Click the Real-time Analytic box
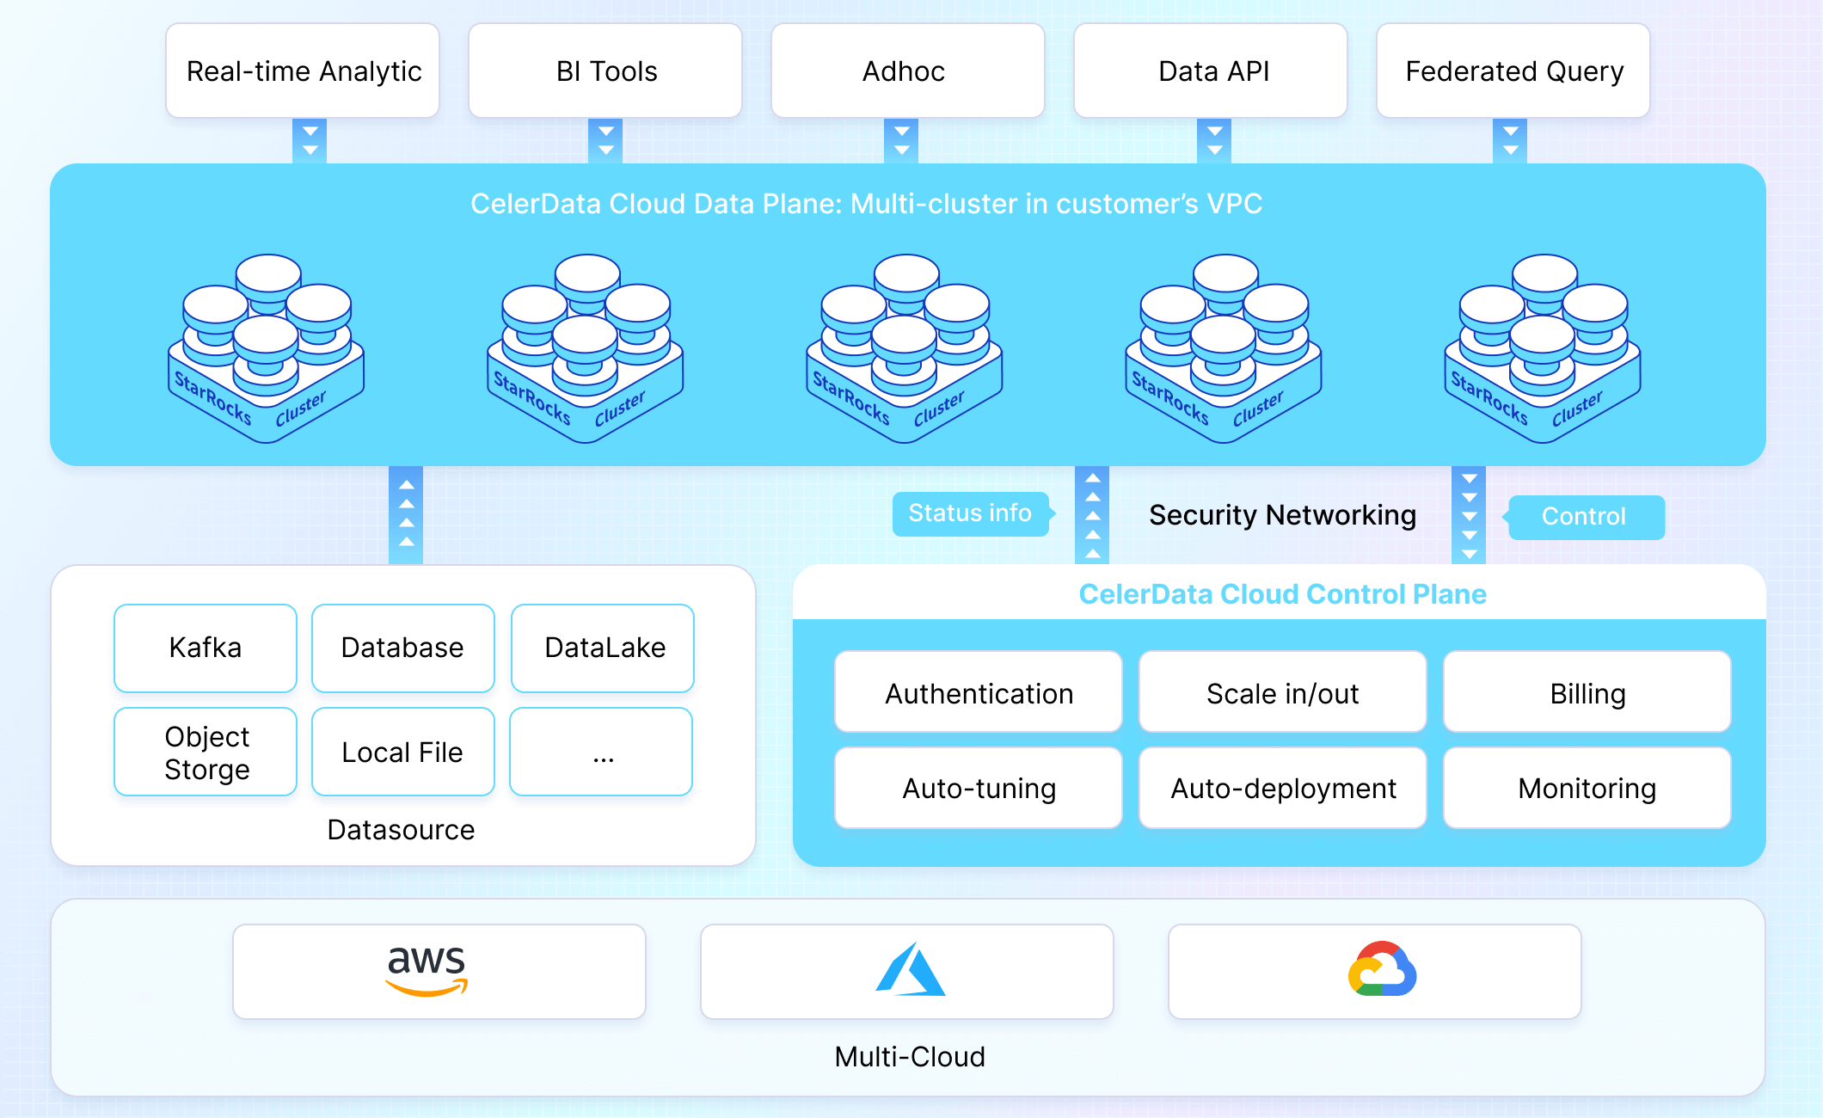(x=303, y=71)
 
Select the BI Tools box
(x=605, y=71)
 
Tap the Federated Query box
(x=1513, y=71)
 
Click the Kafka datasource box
(x=206, y=648)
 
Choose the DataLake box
(x=603, y=648)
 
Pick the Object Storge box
(x=206, y=752)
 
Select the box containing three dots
(x=601, y=752)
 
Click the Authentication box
(x=979, y=692)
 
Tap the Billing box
(x=1587, y=692)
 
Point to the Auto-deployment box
(x=1282, y=788)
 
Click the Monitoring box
(x=1587, y=788)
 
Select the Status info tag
(x=970, y=513)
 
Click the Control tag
(x=1586, y=517)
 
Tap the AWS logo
(x=427, y=970)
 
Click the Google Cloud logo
(x=1382, y=969)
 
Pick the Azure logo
(x=910, y=970)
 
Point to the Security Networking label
(x=1282, y=514)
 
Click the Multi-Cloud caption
(x=910, y=1056)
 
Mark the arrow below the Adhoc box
(x=901, y=140)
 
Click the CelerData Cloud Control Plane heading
(x=1282, y=593)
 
